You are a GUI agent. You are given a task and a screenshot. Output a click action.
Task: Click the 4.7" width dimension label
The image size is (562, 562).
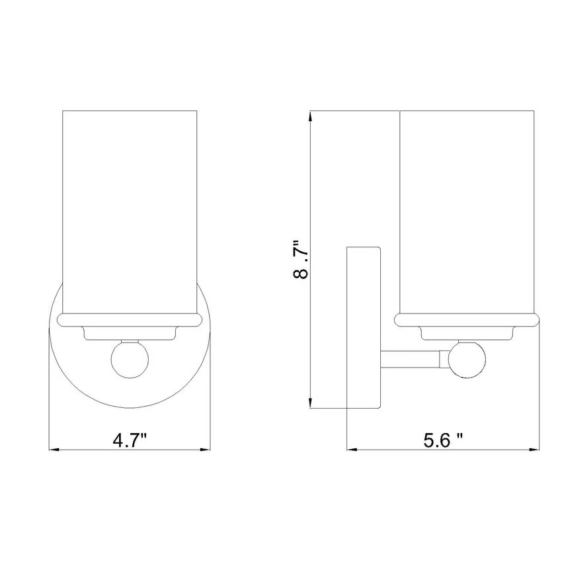(130, 440)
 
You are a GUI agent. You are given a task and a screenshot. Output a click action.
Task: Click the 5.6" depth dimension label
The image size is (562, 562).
(443, 440)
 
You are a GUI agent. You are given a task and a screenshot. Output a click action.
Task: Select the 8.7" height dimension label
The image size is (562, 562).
(301, 259)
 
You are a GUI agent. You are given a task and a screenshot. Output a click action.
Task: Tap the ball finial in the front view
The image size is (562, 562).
(130, 359)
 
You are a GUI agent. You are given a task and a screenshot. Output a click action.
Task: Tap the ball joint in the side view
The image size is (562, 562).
(467, 360)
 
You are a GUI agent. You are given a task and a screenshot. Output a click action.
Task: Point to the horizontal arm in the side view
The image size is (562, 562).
(410, 360)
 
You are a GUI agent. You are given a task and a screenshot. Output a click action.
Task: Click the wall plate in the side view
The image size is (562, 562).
(364, 327)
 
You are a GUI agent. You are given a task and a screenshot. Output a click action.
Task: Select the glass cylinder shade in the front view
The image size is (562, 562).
(130, 212)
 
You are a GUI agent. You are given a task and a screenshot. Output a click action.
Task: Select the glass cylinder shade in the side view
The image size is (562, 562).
(467, 212)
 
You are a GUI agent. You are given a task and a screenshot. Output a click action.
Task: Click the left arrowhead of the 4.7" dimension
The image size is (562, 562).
(53, 449)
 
